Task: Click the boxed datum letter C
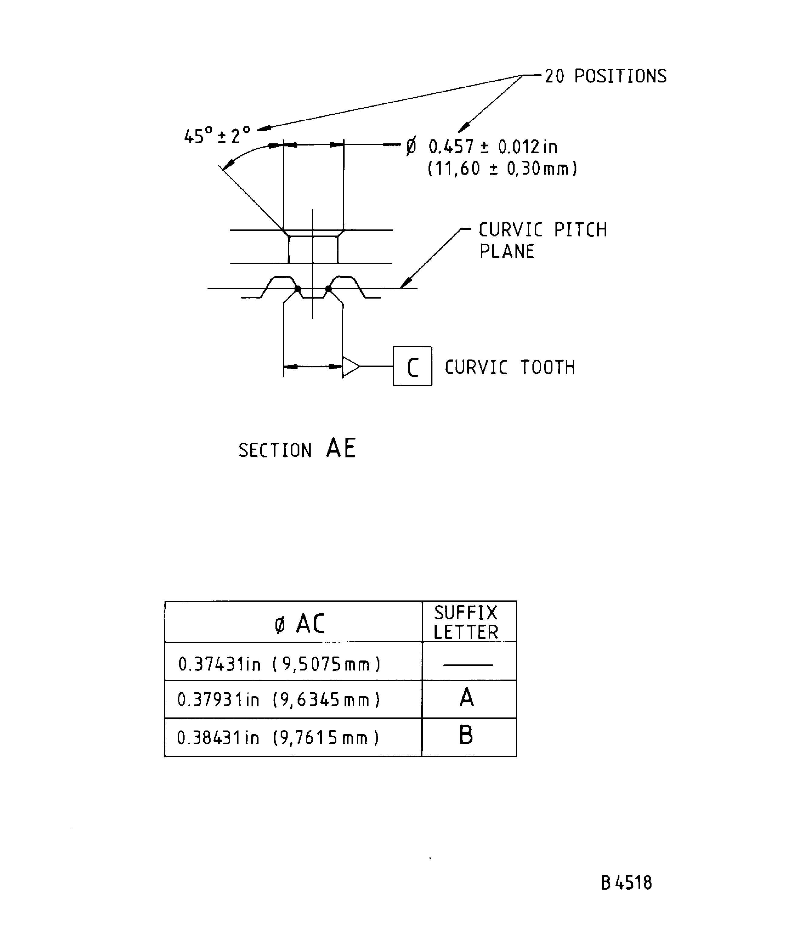pyautogui.click(x=412, y=366)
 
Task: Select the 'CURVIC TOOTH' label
pyautogui.click(x=509, y=367)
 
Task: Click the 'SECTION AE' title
pyautogui.click(x=297, y=449)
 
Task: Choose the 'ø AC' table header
pyautogui.click(x=299, y=624)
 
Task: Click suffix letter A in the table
pyautogui.click(x=467, y=698)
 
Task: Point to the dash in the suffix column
pyautogui.click(x=468, y=665)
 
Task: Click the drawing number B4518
pyautogui.click(x=626, y=883)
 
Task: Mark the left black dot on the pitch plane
pyautogui.click(x=297, y=289)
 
